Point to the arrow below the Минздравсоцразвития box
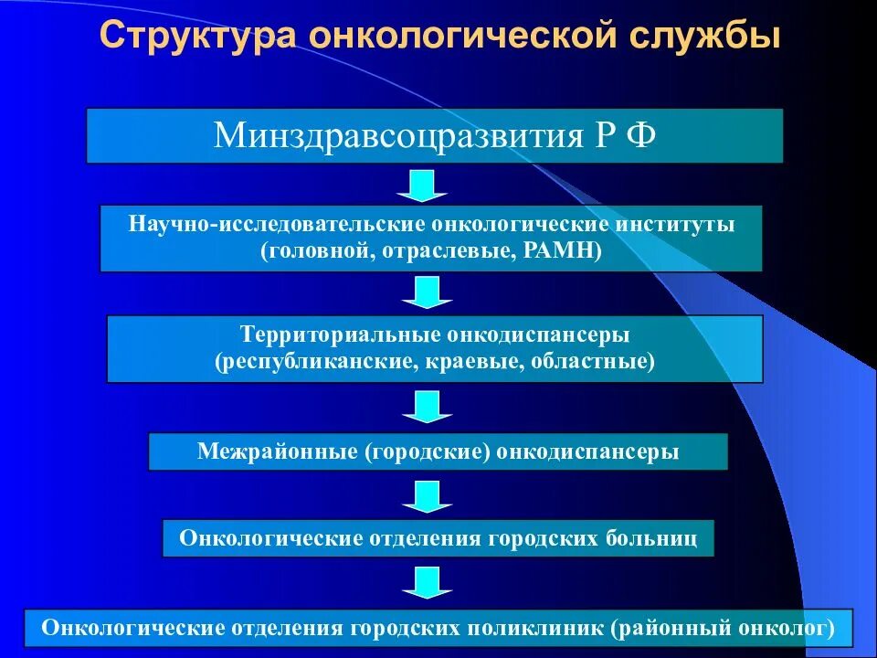pos(422,185)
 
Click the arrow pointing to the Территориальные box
pos(422,292)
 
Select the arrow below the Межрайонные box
pos(422,496)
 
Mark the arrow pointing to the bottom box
pos(422,582)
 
